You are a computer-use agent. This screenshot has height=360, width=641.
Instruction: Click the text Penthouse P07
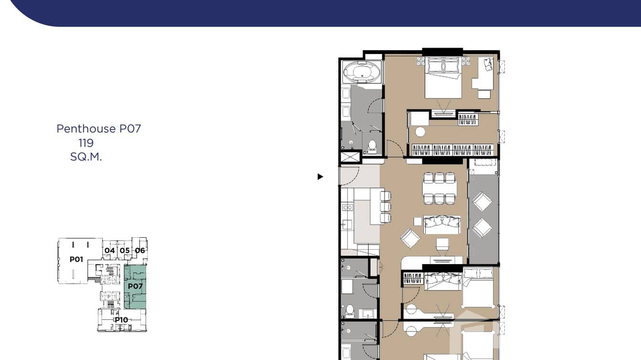click(98, 128)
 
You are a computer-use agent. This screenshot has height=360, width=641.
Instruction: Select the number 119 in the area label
click(86, 143)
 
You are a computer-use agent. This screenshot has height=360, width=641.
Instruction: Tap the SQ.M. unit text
click(86, 157)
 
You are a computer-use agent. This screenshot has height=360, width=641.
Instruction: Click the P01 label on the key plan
click(76, 259)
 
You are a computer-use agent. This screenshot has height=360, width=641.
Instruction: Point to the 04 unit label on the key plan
click(110, 250)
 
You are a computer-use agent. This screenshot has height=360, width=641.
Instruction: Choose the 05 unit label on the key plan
click(125, 250)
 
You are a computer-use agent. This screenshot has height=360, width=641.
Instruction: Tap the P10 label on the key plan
click(121, 320)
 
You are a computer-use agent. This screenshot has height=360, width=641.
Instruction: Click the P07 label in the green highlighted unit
click(135, 286)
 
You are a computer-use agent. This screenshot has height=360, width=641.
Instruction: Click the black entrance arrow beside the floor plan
click(320, 177)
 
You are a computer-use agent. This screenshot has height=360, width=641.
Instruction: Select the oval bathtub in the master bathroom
click(362, 72)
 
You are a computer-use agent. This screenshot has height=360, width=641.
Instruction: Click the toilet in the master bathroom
click(373, 146)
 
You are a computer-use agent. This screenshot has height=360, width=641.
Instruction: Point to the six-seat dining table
click(439, 188)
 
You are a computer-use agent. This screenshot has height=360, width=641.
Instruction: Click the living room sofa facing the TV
click(442, 224)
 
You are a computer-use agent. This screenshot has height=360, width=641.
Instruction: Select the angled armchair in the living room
click(410, 238)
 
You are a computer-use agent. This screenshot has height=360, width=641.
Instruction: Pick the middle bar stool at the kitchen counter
click(385, 207)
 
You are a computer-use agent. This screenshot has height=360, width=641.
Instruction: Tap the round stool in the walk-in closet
click(420, 132)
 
